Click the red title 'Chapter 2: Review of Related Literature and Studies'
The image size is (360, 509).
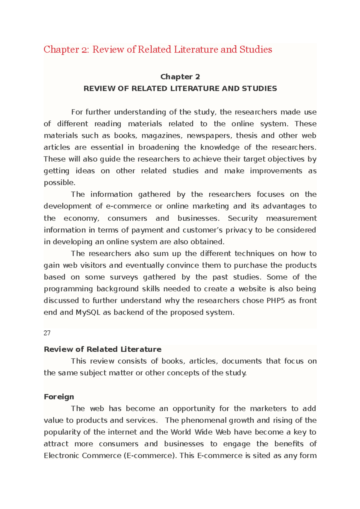[158, 49]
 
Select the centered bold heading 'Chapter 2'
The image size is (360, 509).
[180, 77]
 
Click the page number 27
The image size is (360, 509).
[47, 333]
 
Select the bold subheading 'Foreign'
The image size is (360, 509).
[59, 397]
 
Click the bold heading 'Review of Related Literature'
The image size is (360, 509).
[103, 350]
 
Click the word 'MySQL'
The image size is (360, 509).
[88, 312]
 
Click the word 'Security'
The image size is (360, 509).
[243, 218]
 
